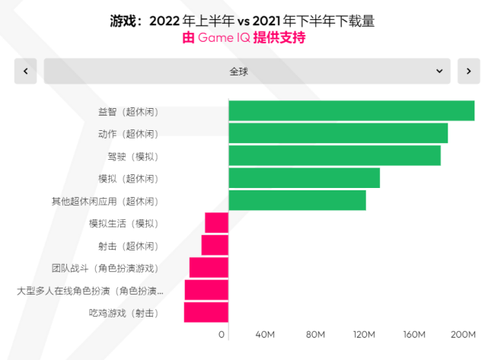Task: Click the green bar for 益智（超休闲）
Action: point(351,111)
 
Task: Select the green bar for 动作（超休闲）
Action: point(338,133)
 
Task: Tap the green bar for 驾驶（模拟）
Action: point(334,156)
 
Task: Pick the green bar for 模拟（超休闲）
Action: point(304,178)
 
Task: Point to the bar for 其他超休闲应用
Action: point(297,201)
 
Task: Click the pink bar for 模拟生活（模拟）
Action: point(217,223)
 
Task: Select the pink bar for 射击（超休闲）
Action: point(215,245)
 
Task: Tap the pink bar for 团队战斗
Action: point(209,268)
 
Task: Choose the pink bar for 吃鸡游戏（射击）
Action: point(206,313)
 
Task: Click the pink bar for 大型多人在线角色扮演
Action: point(206,290)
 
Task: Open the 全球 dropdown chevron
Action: point(439,71)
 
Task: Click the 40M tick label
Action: point(265,335)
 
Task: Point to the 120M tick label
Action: point(364,335)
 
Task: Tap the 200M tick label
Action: point(463,335)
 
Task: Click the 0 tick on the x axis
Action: point(222,335)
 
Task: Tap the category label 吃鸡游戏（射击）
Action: point(123,313)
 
